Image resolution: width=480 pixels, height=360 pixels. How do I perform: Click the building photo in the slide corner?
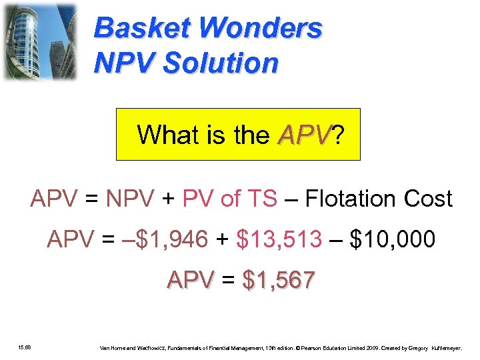(x=39, y=41)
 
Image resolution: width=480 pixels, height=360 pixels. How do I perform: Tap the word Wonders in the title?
(x=261, y=29)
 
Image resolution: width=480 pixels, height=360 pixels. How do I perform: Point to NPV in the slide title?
(x=126, y=63)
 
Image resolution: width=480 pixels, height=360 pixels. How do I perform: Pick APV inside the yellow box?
(x=304, y=135)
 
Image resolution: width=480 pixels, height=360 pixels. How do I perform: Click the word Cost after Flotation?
(x=428, y=199)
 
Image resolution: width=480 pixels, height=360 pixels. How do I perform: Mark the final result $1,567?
(x=279, y=281)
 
